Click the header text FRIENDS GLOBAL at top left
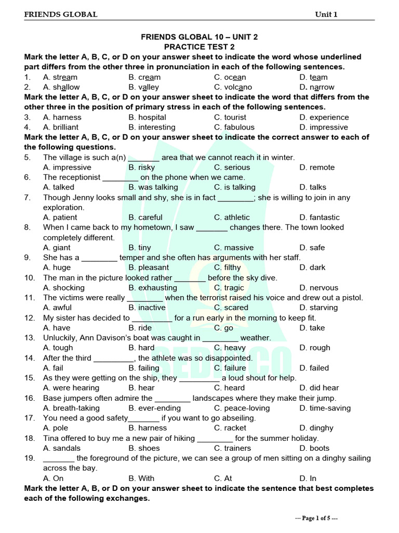pos(60,15)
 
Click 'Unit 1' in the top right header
pos(326,15)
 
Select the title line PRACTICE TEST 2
pos(199,47)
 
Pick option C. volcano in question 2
pos(233,87)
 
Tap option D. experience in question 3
pos(324,117)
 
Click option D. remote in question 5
pos(317,167)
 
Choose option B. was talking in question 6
pos(153,187)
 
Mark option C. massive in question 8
pos(234,247)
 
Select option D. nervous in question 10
pos(318,287)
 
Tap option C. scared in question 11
pos(231,307)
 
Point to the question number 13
pos(29,337)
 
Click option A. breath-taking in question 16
pos(70,408)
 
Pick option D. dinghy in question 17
pos(316,428)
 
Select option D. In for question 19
pos(308,478)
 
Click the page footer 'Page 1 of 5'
pos(317,518)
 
